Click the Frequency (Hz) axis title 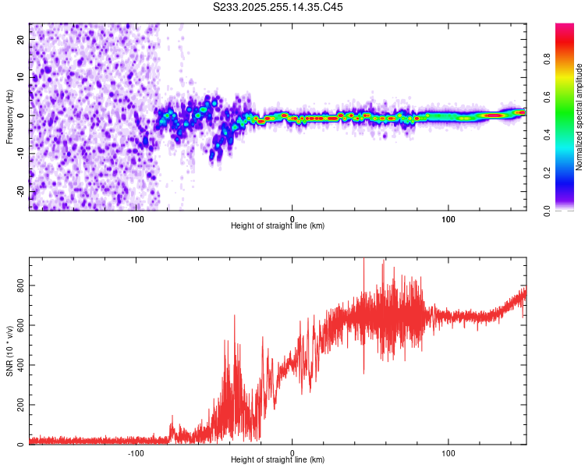click(x=9, y=116)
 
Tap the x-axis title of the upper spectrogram click(x=278, y=225)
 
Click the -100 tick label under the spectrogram click(x=136, y=218)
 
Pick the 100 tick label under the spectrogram click(x=448, y=218)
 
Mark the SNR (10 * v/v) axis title click(x=9, y=351)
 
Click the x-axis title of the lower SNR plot click(x=278, y=459)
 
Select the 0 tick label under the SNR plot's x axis click(x=292, y=452)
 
